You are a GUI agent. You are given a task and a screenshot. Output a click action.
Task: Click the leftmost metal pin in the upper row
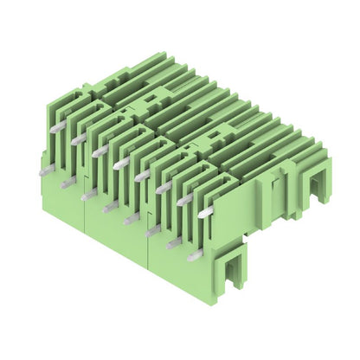point(56,126)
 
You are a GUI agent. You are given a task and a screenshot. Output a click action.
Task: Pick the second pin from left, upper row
point(79,138)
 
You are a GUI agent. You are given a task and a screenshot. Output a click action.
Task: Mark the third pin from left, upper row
point(100,150)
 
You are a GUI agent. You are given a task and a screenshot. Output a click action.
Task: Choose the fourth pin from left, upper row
point(122,162)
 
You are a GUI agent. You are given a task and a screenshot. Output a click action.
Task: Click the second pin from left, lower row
point(67,183)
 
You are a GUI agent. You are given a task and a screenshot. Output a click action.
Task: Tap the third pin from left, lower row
point(88,195)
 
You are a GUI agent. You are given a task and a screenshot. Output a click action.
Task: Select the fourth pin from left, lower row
point(110,207)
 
